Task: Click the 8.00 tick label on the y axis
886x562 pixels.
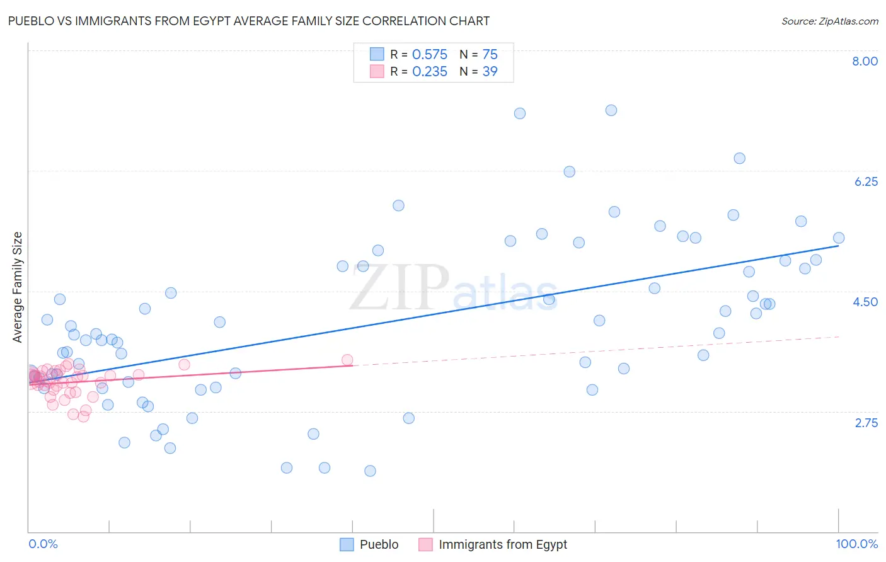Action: pos(865,61)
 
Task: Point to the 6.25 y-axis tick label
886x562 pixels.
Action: pos(866,181)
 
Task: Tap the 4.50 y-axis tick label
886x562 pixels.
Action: pos(865,302)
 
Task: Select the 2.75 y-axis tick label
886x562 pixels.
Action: pos(866,423)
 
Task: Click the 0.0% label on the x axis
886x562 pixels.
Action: pos(43,544)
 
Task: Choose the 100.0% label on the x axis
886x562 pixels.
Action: pos(856,544)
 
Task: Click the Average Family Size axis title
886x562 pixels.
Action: pos(18,287)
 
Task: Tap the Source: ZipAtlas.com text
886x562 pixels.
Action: pos(829,21)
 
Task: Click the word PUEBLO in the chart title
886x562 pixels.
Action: pos(30,21)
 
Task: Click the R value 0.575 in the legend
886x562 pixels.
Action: pos(429,55)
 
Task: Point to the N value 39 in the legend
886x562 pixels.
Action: pos(490,72)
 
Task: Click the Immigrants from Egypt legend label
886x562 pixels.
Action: pos(502,544)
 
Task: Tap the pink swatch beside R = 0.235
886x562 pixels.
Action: pos(377,72)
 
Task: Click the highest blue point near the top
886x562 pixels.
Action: pos(611,110)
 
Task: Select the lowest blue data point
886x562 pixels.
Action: pos(370,471)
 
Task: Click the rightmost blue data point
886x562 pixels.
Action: pos(838,238)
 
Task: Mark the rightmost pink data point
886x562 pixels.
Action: pos(347,360)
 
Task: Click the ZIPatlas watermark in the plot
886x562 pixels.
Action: pos(454,288)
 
